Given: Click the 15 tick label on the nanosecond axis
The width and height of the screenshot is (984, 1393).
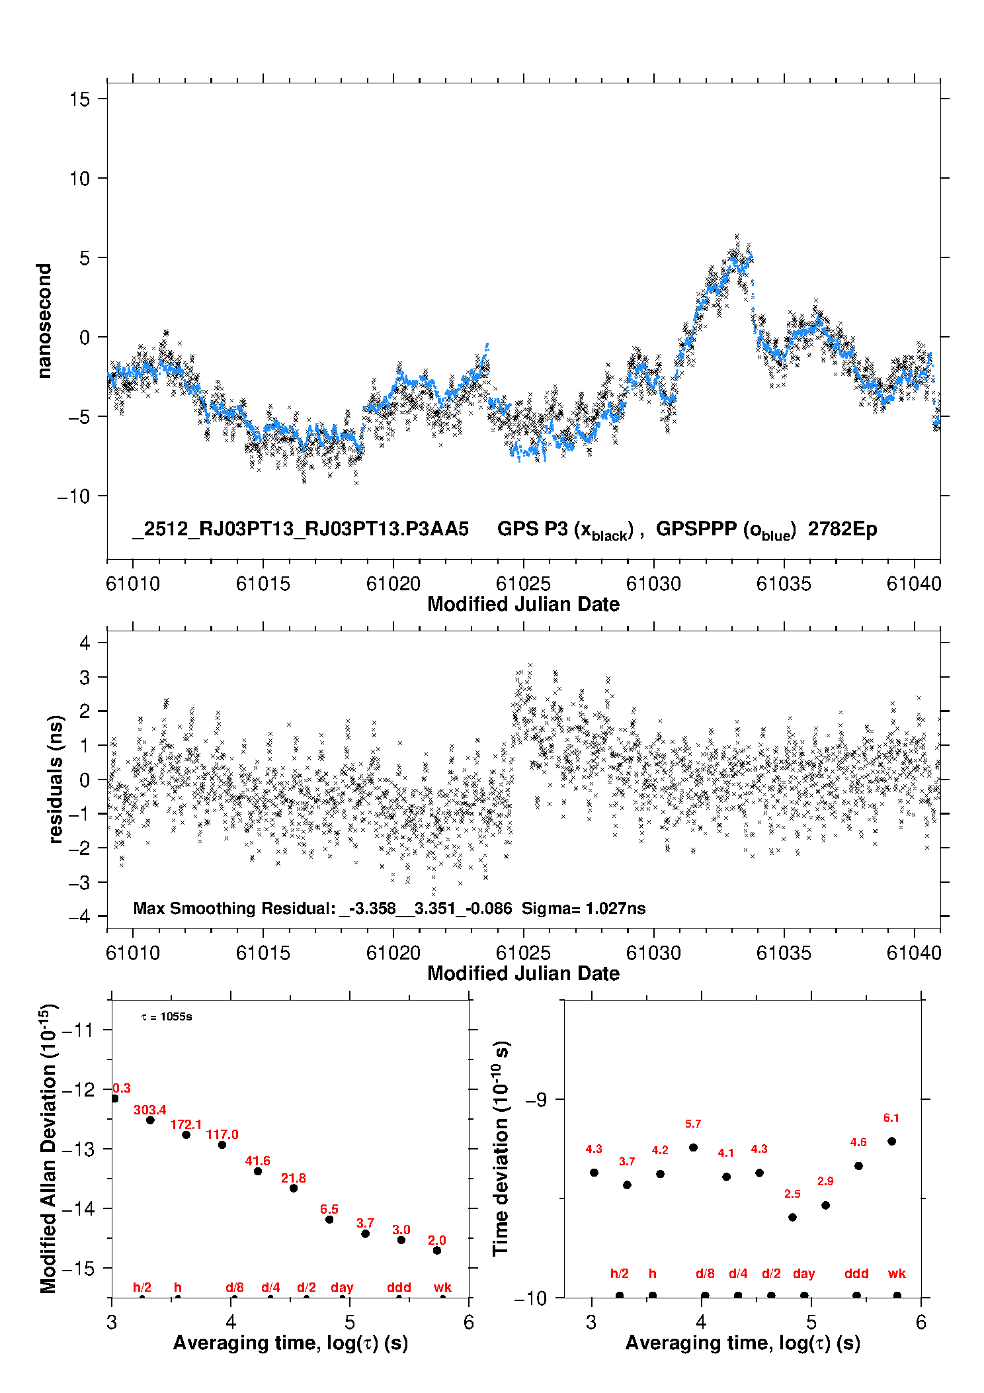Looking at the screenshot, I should (79, 99).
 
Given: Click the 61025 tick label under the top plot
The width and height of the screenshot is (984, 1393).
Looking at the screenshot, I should (523, 584).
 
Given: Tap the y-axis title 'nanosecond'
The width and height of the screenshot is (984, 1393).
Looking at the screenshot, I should (44, 320).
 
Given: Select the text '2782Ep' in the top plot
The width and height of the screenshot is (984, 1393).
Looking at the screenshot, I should (842, 529).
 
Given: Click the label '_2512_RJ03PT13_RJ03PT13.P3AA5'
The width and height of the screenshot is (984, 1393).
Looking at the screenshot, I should (300, 529).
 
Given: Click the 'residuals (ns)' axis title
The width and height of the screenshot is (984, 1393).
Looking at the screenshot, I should (56, 779).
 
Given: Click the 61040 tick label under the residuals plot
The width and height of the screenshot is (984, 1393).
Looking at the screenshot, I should (914, 953).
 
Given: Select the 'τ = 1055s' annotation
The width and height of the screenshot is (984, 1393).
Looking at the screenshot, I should (167, 1016).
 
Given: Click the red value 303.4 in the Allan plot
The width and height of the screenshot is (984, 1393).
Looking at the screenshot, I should (150, 1110).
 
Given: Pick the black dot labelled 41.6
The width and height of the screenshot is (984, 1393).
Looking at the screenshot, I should (258, 1171).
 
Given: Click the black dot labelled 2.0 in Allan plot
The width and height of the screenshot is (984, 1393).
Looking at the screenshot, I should (437, 1250).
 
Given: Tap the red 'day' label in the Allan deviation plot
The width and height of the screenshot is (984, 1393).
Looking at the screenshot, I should (342, 1287).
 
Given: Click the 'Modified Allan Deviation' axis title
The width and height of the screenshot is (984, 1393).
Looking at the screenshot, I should (48, 1148).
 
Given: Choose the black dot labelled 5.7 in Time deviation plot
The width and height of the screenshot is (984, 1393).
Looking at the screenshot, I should (693, 1147).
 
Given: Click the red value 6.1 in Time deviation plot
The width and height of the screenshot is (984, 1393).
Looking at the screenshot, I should (891, 1118).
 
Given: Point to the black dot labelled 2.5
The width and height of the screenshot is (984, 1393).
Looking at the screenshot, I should (792, 1217).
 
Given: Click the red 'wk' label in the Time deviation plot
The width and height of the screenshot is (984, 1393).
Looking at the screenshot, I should (897, 1273).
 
